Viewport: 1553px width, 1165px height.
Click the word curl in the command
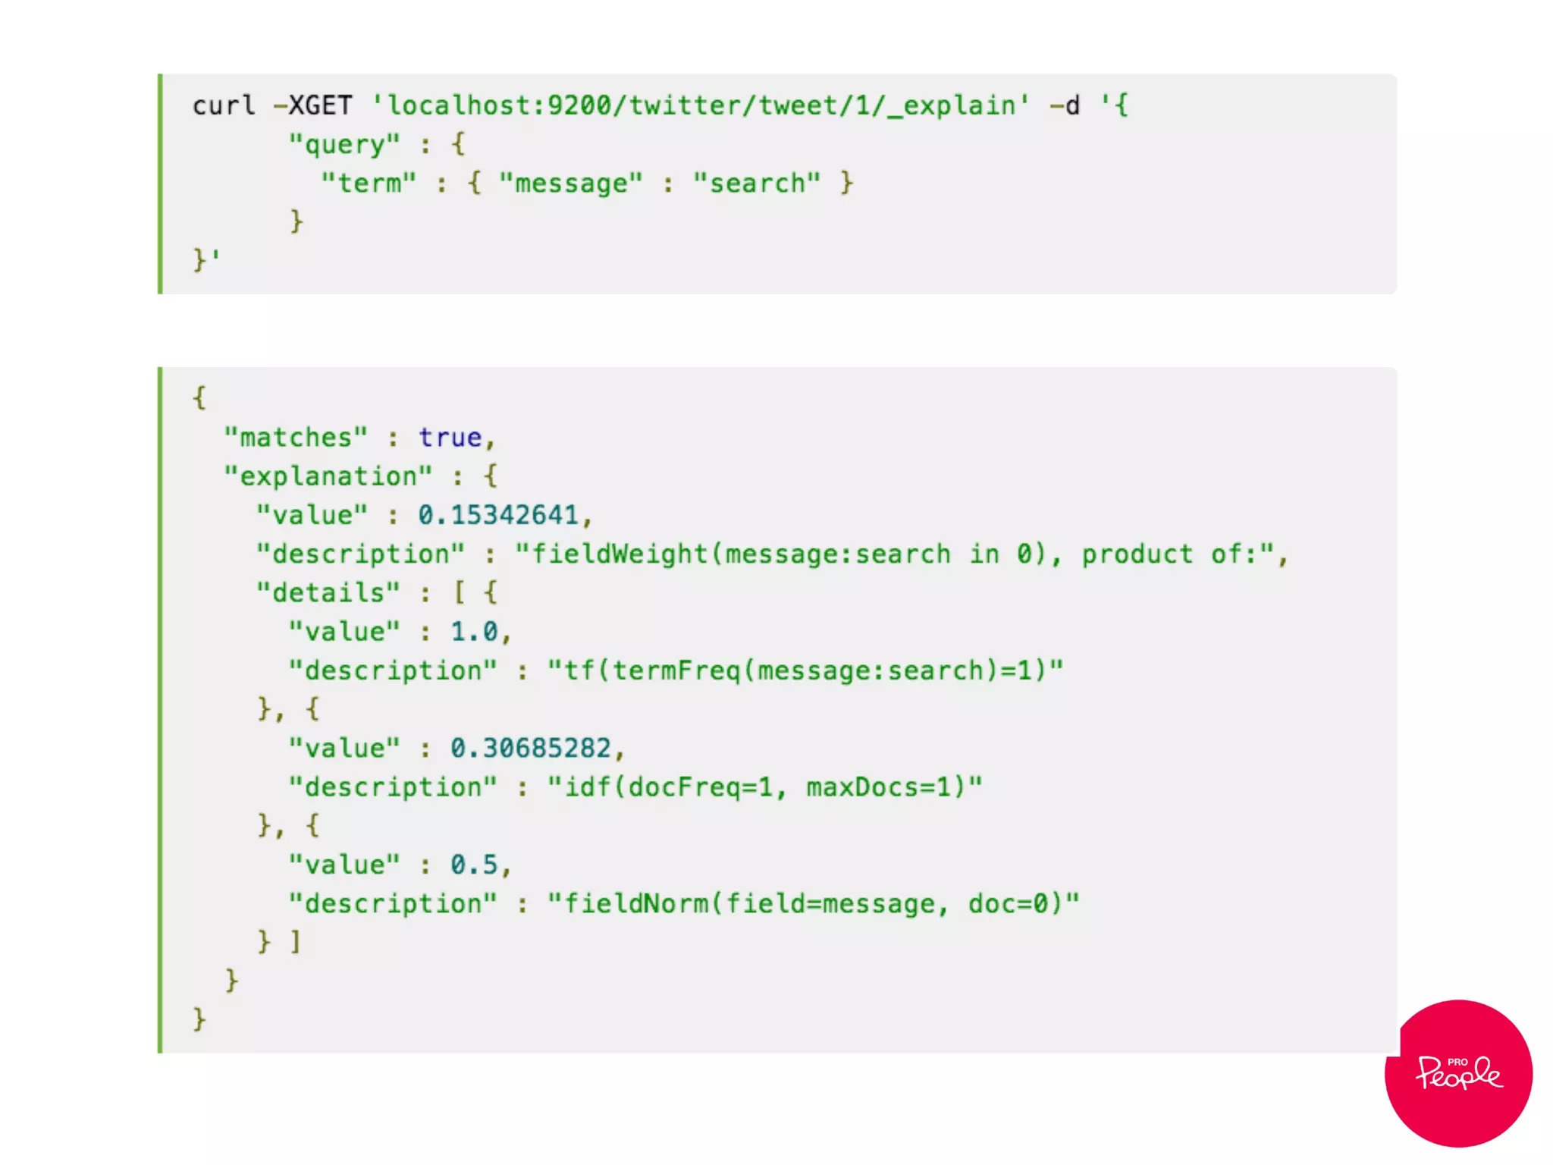pos(224,105)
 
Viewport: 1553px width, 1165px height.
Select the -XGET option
pos(312,105)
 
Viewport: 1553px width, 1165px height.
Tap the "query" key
pos(344,144)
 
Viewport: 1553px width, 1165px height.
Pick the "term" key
pos(369,183)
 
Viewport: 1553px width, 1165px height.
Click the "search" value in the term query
pos(757,183)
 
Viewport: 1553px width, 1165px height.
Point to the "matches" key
pos(296,438)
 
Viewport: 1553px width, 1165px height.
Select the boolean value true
pos(450,438)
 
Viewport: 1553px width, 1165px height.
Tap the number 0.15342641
pos(498,515)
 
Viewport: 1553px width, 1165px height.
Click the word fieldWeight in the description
pos(620,554)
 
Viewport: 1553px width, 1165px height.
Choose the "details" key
pos(328,593)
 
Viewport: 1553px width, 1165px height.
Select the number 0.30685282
pos(531,749)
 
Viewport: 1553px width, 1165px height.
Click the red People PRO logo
pos(1458,1073)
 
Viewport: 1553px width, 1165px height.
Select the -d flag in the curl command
pos(1065,105)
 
